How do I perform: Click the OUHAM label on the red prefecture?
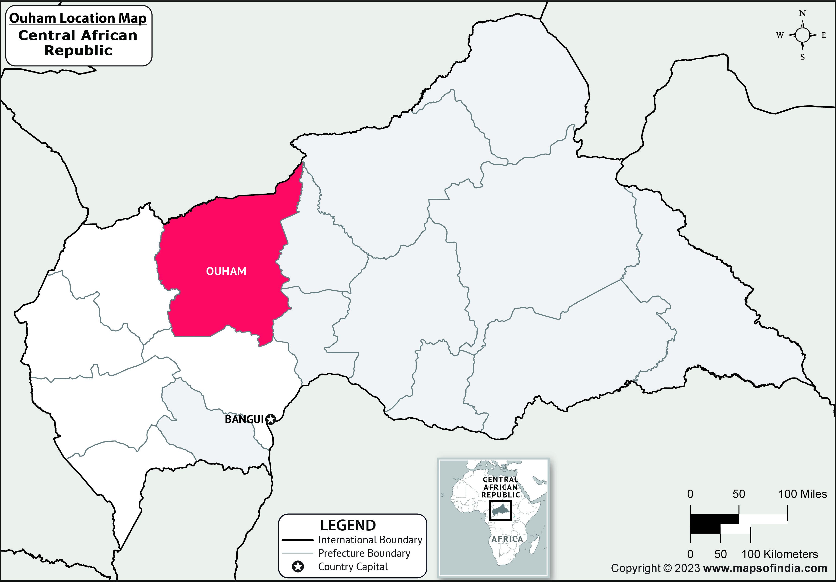point(226,271)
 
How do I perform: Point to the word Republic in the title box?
point(78,51)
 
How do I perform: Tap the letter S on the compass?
point(802,57)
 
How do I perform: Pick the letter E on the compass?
point(824,35)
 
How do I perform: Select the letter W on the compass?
point(780,35)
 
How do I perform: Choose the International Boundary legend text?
point(370,540)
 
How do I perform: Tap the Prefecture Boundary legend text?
point(364,553)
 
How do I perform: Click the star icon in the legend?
point(298,567)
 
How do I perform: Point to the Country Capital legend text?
point(353,567)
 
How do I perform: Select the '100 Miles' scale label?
point(802,494)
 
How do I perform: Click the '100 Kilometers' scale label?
point(780,554)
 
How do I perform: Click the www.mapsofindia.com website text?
point(765,568)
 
